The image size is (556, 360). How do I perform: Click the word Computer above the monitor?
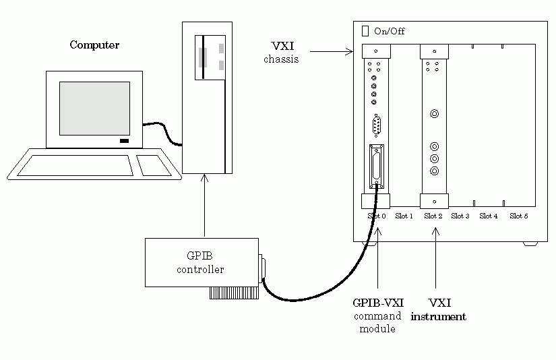94,45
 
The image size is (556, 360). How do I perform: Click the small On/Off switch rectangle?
366,31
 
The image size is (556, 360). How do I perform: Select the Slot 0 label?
377,216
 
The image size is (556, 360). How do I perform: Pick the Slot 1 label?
404,216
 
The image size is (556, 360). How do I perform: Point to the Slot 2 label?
433,216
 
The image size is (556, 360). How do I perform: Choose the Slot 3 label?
461,216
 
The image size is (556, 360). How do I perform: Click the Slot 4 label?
489,216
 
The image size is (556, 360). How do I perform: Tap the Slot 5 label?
519,216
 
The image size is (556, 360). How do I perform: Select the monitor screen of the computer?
94,108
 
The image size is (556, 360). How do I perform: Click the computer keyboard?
74,165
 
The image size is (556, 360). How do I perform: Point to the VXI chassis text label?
281,53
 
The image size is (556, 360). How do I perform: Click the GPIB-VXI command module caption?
378,316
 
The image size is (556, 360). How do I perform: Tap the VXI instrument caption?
438,311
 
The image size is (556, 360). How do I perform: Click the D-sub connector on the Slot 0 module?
377,126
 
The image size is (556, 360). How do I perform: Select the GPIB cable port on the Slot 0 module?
377,168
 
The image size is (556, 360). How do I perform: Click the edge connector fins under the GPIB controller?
233,293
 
